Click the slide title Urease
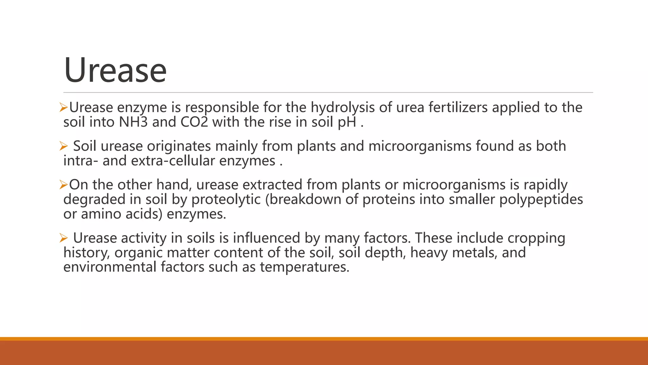115,70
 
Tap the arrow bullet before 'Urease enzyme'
64,108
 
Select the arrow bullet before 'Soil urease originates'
64,146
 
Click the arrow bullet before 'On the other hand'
64,185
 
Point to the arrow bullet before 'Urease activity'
64,238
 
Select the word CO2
194,122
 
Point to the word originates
179,146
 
